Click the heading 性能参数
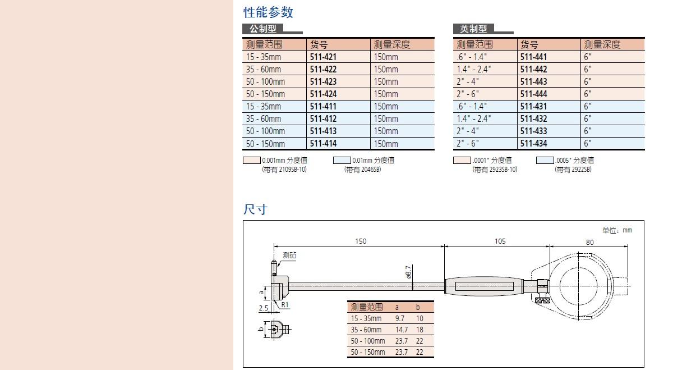click(x=268, y=12)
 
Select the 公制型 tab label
click(x=263, y=29)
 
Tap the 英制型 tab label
click(x=473, y=29)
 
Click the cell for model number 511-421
click(x=323, y=57)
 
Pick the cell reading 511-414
click(x=323, y=144)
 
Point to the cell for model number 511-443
click(x=533, y=81)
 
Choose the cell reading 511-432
click(x=533, y=118)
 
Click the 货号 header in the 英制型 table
click(x=529, y=44)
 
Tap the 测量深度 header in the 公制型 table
click(x=392, y=44)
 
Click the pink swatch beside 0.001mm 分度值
click(x=252, y=161)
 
